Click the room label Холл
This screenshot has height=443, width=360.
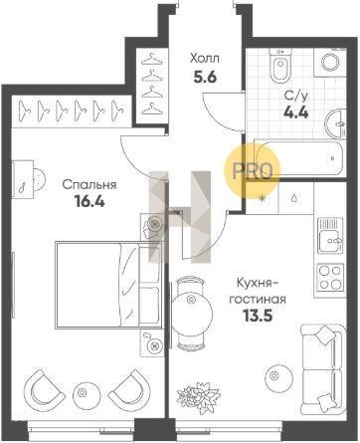(x=204, y=59)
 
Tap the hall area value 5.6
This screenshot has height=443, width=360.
(x=205, y=78)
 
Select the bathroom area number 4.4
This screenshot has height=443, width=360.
(x=296, y=112)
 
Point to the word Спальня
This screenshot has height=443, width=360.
(x=90, y=184)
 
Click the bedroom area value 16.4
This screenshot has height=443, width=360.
(x=90, y=201)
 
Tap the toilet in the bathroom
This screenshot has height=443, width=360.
(x=279, y=66)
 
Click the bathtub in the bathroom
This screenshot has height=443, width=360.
(x=298, y=158)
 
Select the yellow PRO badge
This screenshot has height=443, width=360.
(x=253, y=170)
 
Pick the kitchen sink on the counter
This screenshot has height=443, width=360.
(x=330, y=235)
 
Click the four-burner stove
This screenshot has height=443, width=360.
(x=330, y=277)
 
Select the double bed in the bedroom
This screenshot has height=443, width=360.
(x=108, y=285)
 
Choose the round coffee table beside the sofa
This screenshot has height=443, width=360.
(x=279, y=376)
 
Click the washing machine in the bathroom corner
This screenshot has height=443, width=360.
(x=332, y=61)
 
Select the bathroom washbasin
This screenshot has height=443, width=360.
(x=335, y=124)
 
